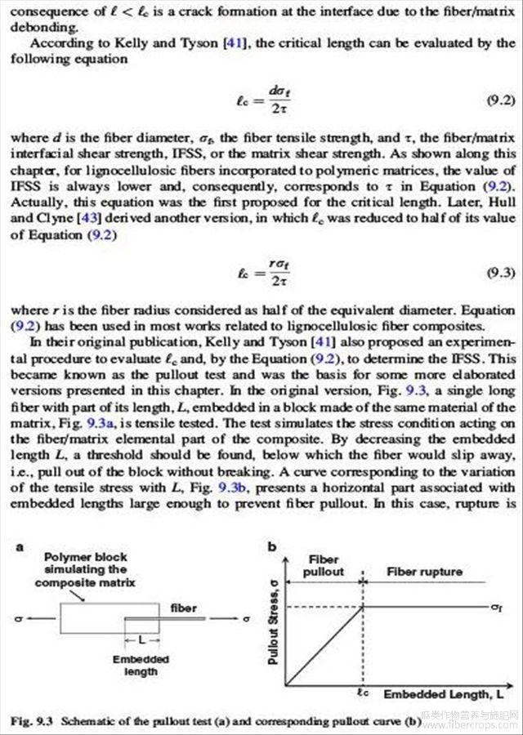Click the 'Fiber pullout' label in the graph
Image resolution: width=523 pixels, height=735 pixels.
click(x=324, y=565)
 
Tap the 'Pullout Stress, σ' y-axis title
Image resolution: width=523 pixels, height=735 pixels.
click(x=274, y=619)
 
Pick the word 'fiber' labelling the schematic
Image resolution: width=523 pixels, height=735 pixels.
click(x=184, y=608)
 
